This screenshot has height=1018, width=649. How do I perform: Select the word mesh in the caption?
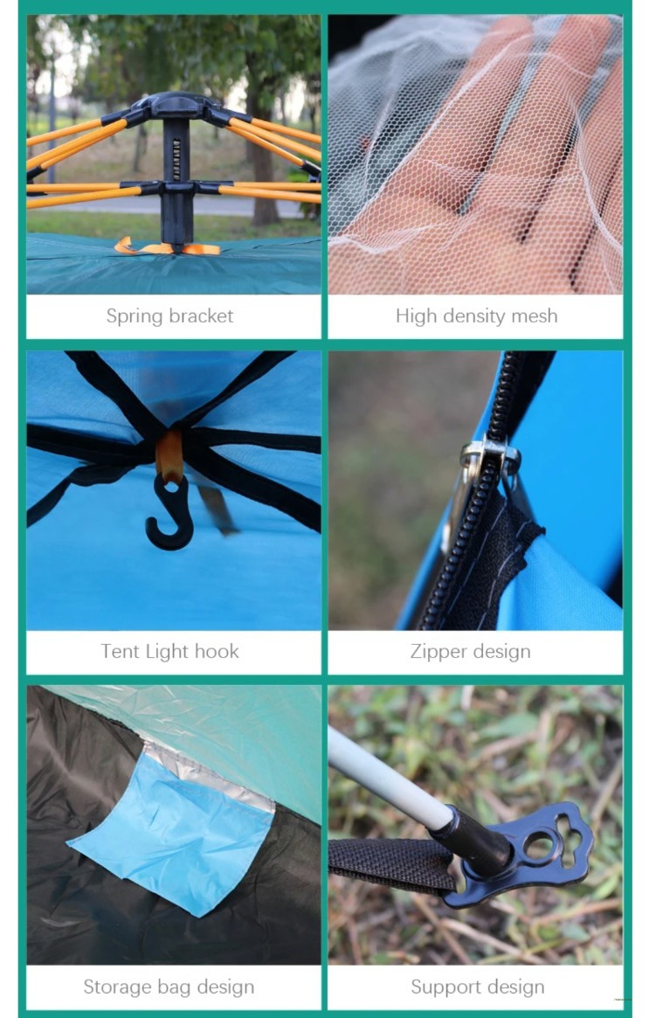(534, 315)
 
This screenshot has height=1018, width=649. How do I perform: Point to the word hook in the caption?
(217, 651)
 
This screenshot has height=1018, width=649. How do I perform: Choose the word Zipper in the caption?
(438, 652)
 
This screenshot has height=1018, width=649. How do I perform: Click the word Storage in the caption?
(120, 987)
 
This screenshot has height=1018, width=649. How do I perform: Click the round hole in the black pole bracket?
(540, 845)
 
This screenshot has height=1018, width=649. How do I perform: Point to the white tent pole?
(388, 779)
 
